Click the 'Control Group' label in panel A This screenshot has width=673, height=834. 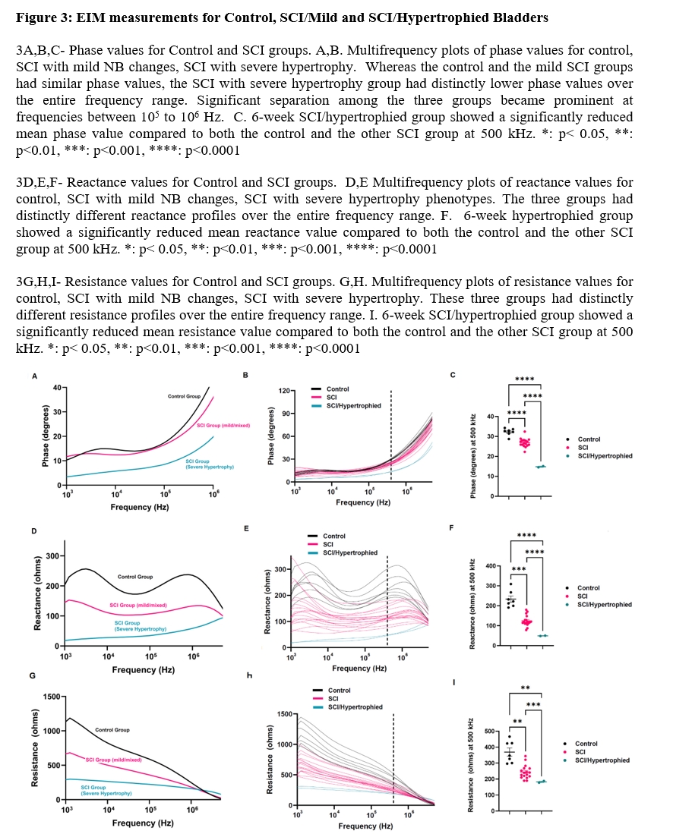click(x=185, y=397)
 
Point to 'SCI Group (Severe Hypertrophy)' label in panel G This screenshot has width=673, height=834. click(x=106, y=790)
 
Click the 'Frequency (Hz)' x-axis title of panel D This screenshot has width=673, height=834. click(x=141, y=670)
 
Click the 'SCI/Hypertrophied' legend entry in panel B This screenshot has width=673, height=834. click(x=353, y=406)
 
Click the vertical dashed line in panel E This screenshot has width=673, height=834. click(x=388, y=600)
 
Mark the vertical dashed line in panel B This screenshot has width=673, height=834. click(x=390, y=436)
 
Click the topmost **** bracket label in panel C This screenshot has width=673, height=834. click(x=523, y=379)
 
